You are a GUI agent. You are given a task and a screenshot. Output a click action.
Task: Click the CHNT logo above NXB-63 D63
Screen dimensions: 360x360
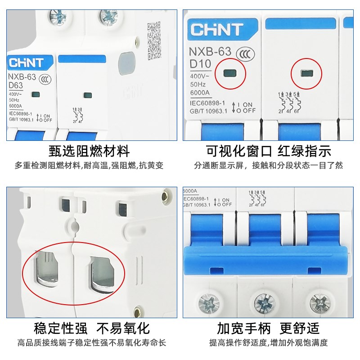coord(26,63)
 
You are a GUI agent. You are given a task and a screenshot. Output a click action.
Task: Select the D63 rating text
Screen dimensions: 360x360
coord(17,85)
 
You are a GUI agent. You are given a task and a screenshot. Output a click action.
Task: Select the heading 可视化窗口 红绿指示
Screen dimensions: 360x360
coord(269,150)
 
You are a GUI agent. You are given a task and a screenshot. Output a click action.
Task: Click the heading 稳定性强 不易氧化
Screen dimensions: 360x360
coord(92,328)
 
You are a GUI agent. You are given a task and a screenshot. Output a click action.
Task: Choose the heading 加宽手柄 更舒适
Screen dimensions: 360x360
coord(269,328)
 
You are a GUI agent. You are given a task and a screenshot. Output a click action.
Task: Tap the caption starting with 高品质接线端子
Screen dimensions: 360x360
coord(92,343)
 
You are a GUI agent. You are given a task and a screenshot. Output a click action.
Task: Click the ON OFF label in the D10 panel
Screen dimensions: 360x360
coord(243,108)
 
